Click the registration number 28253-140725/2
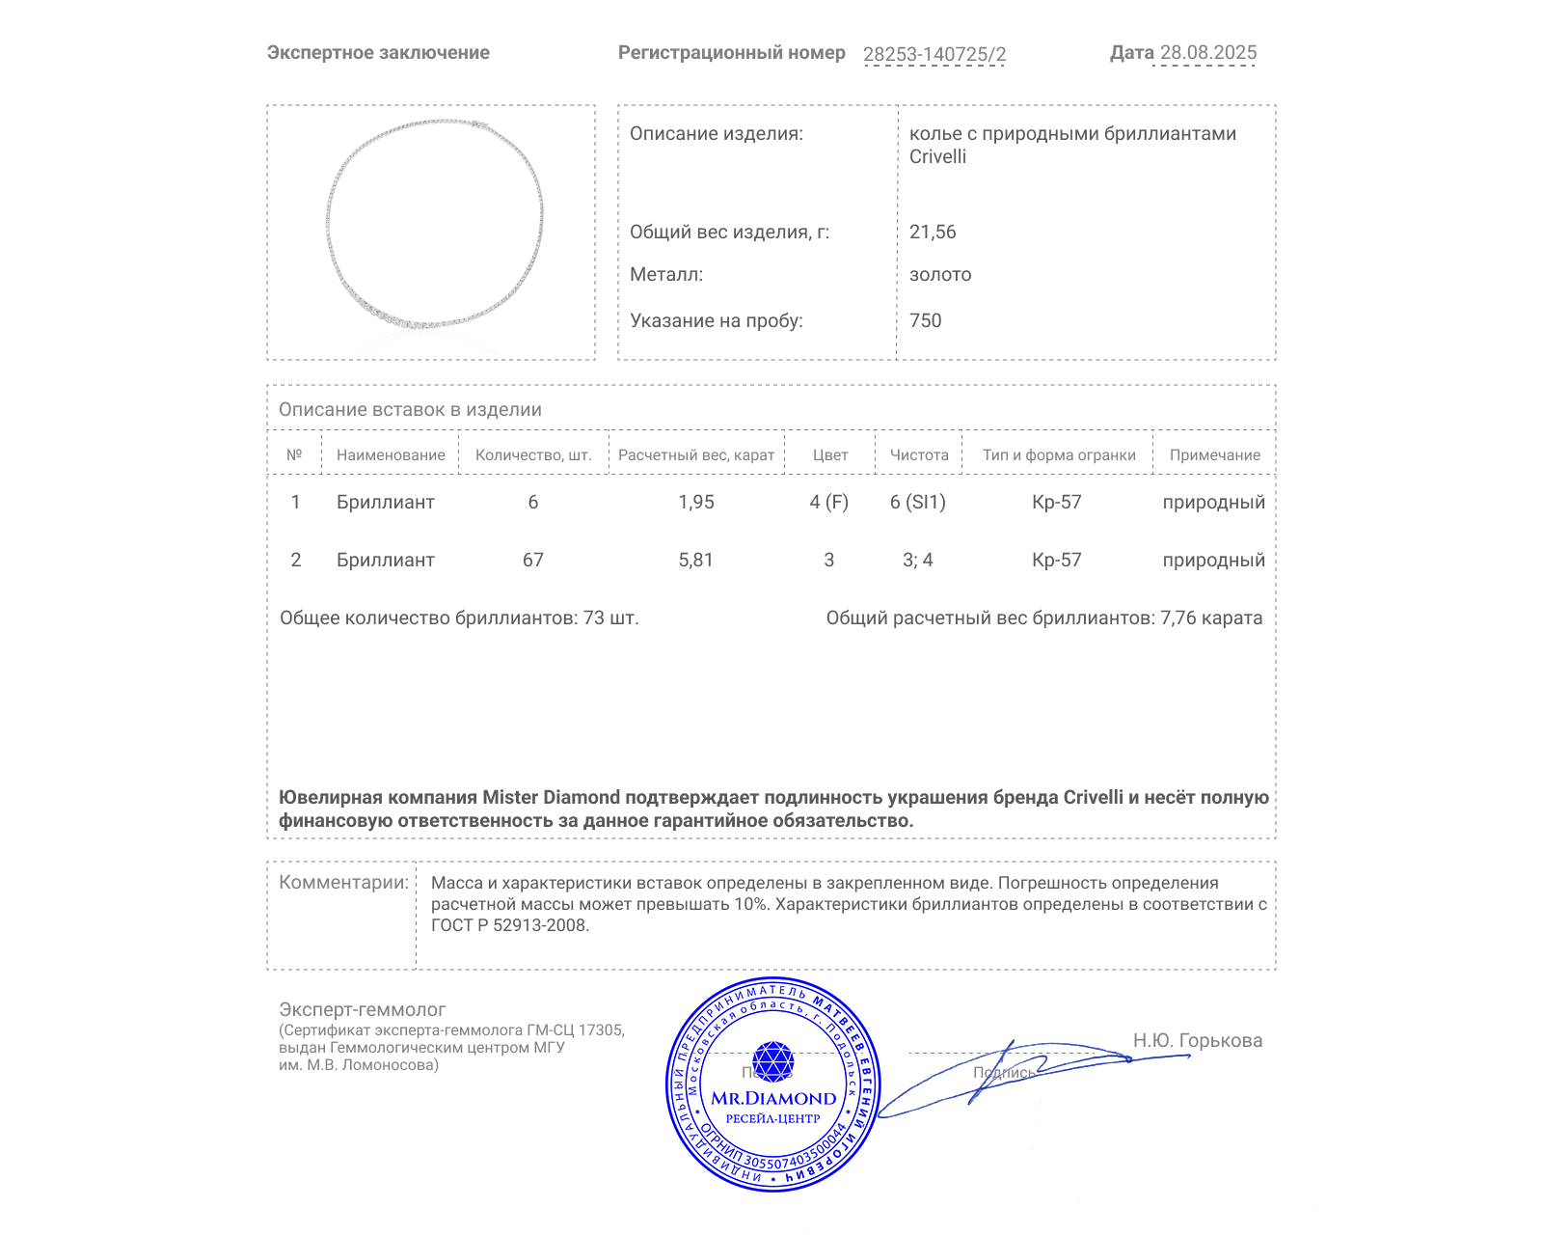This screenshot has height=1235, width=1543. (934, 54)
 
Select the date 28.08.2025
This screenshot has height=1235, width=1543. (1207, 53)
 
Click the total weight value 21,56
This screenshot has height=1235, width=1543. (933, 232)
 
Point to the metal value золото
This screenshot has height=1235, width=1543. (940, 274)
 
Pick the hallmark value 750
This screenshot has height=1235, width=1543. (925, 320)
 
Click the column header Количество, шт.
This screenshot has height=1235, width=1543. (533, 454)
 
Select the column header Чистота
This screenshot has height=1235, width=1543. (919, 454)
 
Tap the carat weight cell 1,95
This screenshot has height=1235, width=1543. (696, 502)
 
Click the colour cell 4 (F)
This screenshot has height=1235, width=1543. (829, 502)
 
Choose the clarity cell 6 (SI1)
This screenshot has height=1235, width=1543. (918, 502)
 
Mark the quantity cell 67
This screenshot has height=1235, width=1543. (533, 560)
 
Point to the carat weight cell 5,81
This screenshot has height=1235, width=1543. (696, 560)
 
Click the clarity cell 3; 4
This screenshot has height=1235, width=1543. (918, 560)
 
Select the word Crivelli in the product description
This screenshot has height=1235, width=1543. (937, 156)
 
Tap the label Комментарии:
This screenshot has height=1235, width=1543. (343, 882)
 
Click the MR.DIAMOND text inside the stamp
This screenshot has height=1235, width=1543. (773, 1098)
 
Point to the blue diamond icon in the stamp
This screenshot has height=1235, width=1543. (772, 1061)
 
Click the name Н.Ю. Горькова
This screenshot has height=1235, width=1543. (1197, 1040)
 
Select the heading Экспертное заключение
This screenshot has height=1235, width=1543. (378, 53)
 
